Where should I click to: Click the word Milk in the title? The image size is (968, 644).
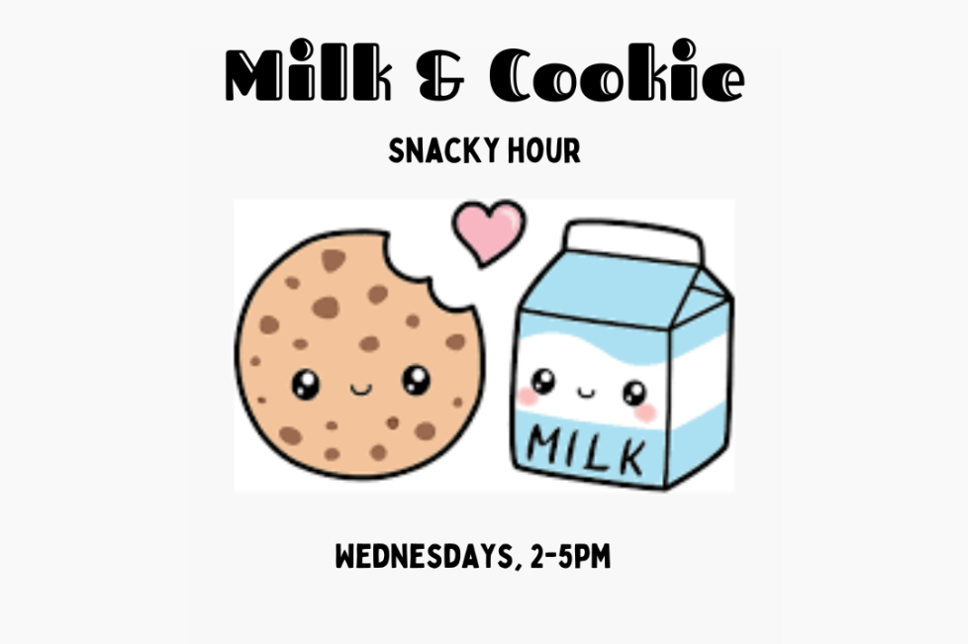pyautogui.click(x=308, y=69)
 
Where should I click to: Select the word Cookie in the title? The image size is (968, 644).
pyautogui.click(x=617, y=69)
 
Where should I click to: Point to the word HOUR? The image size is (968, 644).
pyautogui.click(x=544, y=150)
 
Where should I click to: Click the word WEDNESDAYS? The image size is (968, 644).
pyautogui.click(x=424, y=556)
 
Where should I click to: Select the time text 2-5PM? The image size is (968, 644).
pyautogui.click(x=570, y=556)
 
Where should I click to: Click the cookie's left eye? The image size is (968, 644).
pyautogui.click(x=306, y=384)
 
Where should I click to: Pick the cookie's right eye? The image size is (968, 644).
pyautogui.click(x=416, y=380)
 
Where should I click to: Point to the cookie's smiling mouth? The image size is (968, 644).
pyautogui.click(x=361, y=389)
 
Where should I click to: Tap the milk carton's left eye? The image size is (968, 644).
pyautogui.click(x=543, y=381)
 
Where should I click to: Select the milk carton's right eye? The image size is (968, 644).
pyautogui.click(x=634, y=393)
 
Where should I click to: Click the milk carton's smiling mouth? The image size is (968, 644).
pyautogui.click(x=585, y=393)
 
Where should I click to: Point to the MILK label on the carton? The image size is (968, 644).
pyautogui.click(x=585, y=450)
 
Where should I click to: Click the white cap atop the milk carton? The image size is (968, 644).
pyautogui.click(x=635, y=241)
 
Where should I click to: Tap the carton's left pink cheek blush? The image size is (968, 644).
pyautogui.click(x=528, y=397)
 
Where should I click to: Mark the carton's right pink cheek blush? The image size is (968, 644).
pyautogui.click(x=645, y=413)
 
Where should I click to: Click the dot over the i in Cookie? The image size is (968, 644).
pyautogui.click(x=684, y=48)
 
